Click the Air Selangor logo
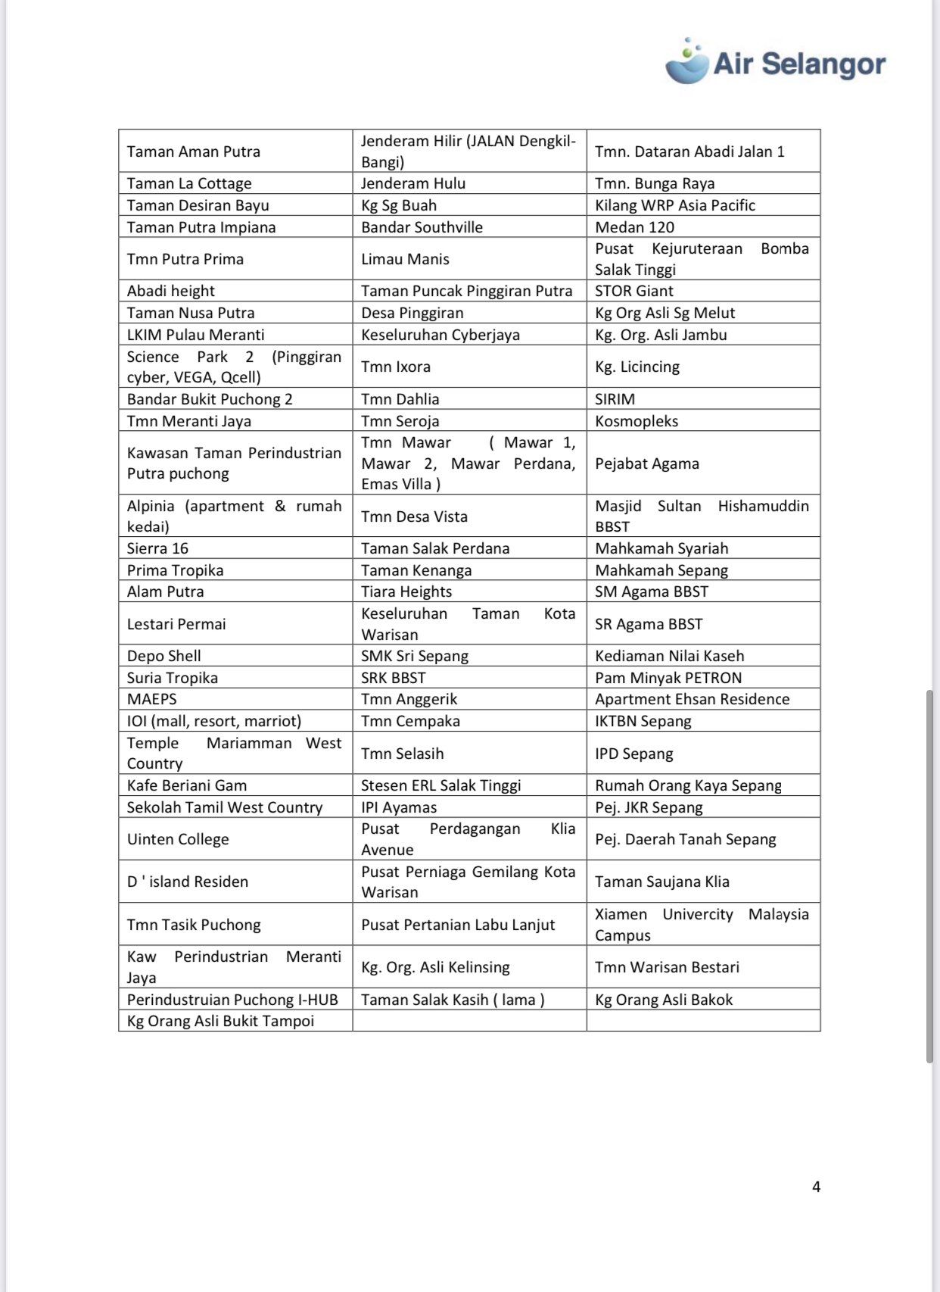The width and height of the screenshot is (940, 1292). tap(775, 63)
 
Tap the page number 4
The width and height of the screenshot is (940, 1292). tap(816, 1187)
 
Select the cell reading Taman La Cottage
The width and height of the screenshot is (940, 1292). tap(189, 183)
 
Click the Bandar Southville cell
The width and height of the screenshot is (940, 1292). tap(422, 227)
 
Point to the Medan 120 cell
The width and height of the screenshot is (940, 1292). tap(634, 227)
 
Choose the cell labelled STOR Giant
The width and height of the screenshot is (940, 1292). tap(633, 291)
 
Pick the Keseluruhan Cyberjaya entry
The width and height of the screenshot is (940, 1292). tap(440, 335)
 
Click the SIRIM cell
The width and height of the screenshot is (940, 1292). tap(615, 399)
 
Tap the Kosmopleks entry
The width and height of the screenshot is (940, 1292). tap(637, 421)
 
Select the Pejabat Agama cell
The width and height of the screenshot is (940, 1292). tap(647, 463)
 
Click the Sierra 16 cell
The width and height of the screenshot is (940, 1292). tap(157, 548)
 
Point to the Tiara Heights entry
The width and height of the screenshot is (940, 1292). tap(406, 591)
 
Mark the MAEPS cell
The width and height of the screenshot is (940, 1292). tap(151, 699)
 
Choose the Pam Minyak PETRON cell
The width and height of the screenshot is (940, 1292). tap(668, 678)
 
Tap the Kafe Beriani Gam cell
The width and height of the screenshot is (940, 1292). tap(187, 785)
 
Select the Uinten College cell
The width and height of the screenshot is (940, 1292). tap(178, 839)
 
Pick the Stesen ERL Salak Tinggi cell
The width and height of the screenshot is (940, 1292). tap(440, 785)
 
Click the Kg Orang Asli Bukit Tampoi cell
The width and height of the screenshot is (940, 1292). tap(220, 1021)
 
